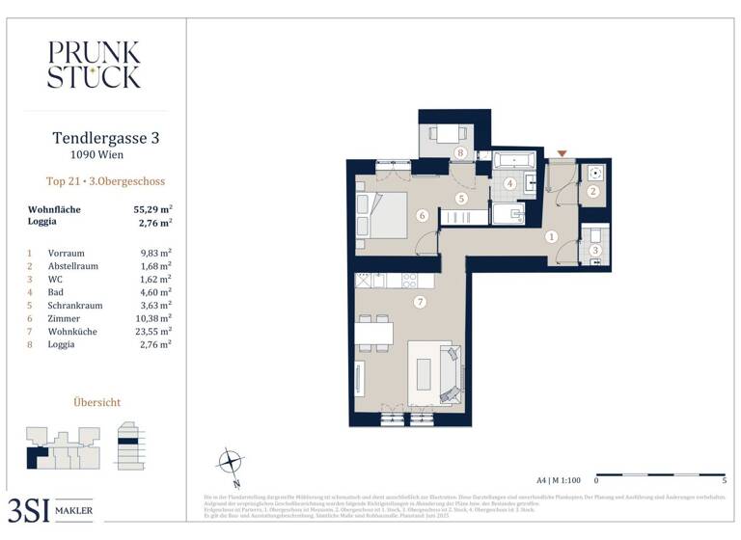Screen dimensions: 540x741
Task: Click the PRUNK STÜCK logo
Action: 94,65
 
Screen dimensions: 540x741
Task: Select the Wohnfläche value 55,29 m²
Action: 152,208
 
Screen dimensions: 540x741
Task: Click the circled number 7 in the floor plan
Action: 419,303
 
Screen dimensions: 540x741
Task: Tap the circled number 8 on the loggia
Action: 461,153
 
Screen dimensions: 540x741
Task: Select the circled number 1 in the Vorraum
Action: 552,236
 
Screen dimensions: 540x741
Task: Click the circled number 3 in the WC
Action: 595,251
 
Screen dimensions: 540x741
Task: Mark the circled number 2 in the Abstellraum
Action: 594,192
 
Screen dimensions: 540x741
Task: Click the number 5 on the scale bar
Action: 724,479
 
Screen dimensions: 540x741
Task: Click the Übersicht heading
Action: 96,400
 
